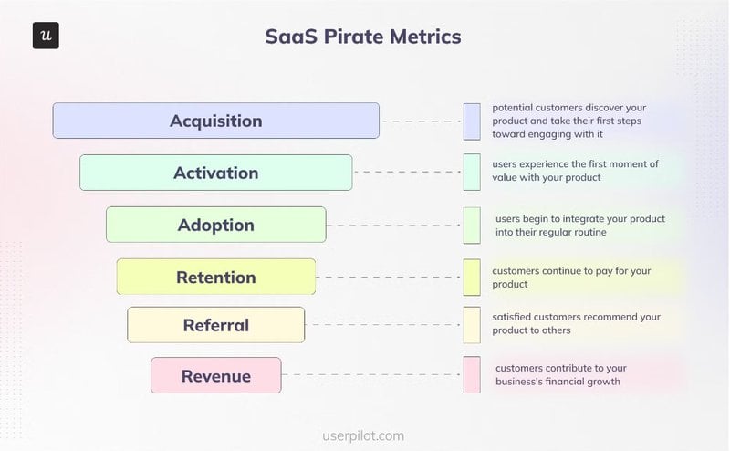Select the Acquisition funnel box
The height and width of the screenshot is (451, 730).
coord(215,121)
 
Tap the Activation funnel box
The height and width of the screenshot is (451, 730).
coord(215,173)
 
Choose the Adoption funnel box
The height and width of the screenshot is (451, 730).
coord(215,225)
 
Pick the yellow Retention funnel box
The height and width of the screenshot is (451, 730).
coord(215,277)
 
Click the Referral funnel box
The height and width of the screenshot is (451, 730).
coord(215,325)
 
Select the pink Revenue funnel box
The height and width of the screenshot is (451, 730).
coord(215,375)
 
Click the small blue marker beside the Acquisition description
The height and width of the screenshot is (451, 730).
coord(472,121)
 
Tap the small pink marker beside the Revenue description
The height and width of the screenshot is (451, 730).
coord(472,374)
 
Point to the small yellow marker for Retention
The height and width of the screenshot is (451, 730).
coord(472,278)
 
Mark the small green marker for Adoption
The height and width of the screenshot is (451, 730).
coord(472,225)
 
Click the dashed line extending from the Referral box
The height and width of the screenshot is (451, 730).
coord(383,325)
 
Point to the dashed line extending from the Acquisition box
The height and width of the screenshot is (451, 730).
coord(421,121)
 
